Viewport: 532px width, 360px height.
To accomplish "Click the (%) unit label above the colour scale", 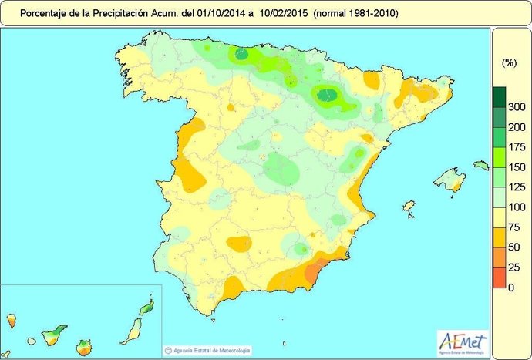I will tap(509, 62).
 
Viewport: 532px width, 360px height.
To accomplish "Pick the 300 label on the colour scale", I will tap(517, 106).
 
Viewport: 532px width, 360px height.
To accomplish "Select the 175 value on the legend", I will tap(517, 146).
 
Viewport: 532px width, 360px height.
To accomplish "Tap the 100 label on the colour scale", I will tap(517, 207).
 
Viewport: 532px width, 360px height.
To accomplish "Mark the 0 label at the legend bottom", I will tap(511, 287).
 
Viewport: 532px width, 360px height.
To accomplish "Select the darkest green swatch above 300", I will tap(500, 96).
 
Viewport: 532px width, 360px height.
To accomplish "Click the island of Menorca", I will tap(480, 165).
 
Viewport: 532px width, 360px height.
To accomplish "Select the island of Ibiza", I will tap(409, 208).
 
